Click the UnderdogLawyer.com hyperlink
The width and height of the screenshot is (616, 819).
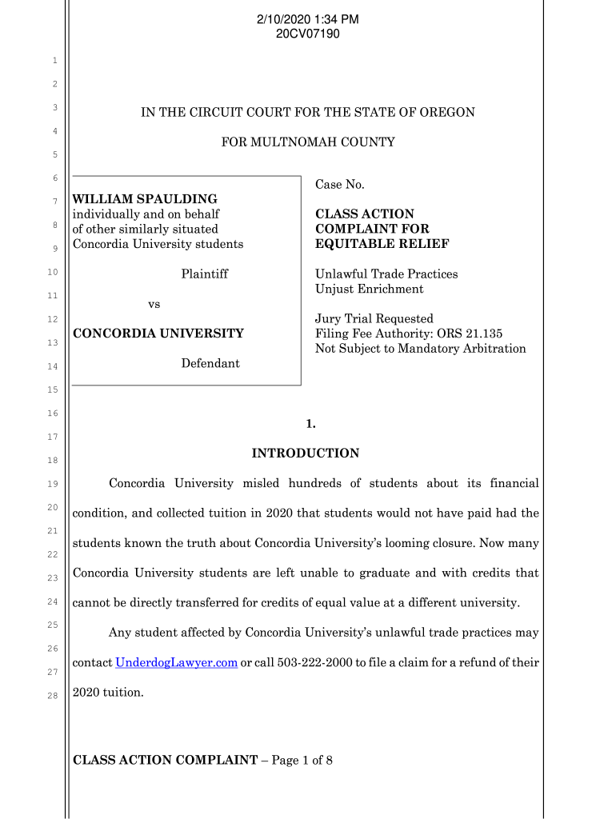pyautogui.click(x=177, y=663)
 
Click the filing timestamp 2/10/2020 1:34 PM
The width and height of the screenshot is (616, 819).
pyautogui.click(x=308, y=19)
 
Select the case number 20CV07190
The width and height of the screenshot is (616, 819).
pyautogui.click(x=308, y=34)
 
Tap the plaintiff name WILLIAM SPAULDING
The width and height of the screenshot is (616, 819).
pyautogui.click(x=145, y=198)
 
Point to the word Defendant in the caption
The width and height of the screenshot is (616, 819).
pyautogui.click(x=210, y=363)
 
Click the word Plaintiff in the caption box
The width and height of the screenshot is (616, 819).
pyautogui.click(x=204, y=274)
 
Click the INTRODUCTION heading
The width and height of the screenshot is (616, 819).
pyautogui.click(x=306, y=453)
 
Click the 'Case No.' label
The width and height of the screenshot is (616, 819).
pyautogui.click(x=340, y=185)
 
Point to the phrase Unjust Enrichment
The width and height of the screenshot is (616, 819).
pyautogui.click(x=370, y=289)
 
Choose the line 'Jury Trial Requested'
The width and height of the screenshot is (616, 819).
pyautogui.click(x=374, y=319)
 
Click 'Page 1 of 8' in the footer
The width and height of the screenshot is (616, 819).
pyautogui.click(x=302, y=760)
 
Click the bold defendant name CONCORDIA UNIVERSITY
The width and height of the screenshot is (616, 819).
pyautogui.click(x=158, y=333)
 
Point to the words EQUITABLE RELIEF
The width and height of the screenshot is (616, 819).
pyautogui.click(x=382, y=244)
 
